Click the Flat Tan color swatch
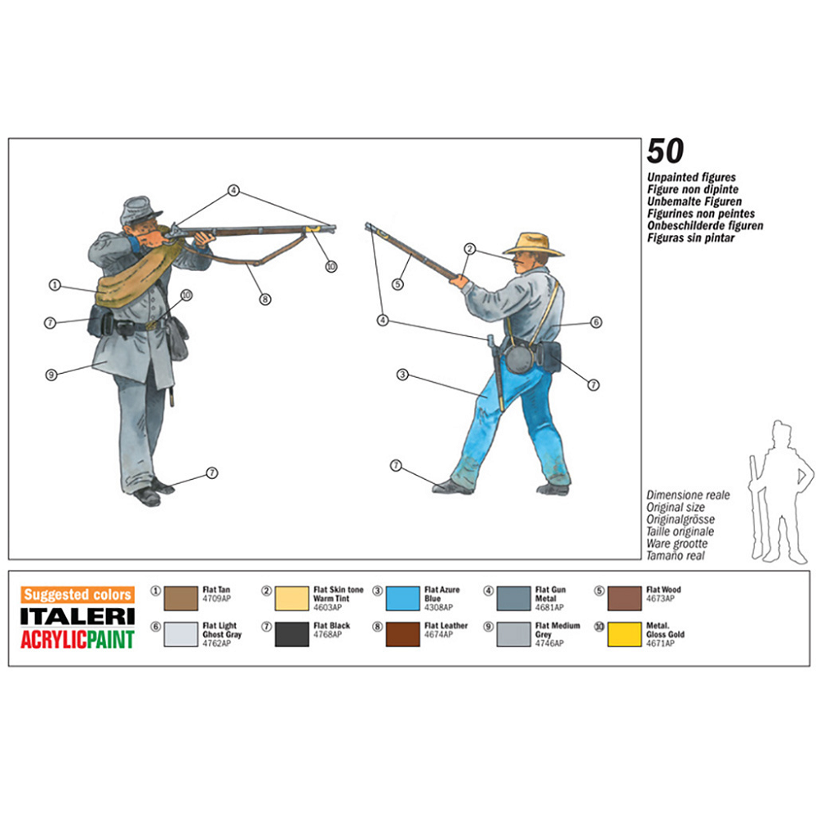coord(181,598)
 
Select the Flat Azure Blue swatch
coord(402,598)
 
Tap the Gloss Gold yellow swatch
coord(625,634)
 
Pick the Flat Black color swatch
coord(292,634)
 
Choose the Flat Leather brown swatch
coord(402,634)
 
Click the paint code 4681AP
coord(548,608)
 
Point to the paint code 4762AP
coord(216,643)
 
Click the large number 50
coord(665,152)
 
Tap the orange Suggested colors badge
coord(78,595)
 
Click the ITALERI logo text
coord(78,616)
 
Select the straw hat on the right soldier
coord(534,242)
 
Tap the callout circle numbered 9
coord(51,375)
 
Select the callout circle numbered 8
coord(265,299)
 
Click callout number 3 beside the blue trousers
coord(402,375)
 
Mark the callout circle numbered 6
coord(596,322)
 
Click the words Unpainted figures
coord(691,177)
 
